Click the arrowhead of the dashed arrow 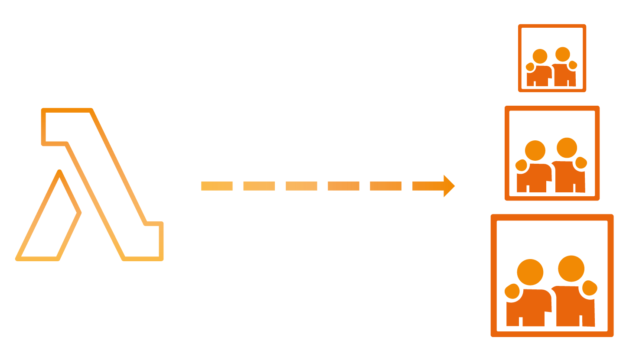[x=448, y=186]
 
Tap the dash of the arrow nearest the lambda [x=217, y=186]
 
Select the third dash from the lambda [x=301, y=186]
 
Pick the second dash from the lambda [x=259, y=186]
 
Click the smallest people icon [x=552, y=58]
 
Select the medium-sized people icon [x=552, y=153]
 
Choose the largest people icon [x=552, y=275]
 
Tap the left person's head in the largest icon [x=530, y=272]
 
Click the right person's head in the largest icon [x=571, y=269]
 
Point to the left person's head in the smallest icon [x=540, y=56]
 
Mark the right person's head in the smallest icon [x=562, y=54]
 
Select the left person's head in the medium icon [x=535, y=150]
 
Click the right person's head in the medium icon [x=566, y=147]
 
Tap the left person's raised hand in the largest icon [x=512, y=291]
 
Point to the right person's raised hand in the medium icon [x=581, y=163]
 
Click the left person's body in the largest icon [x=531, y=305]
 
